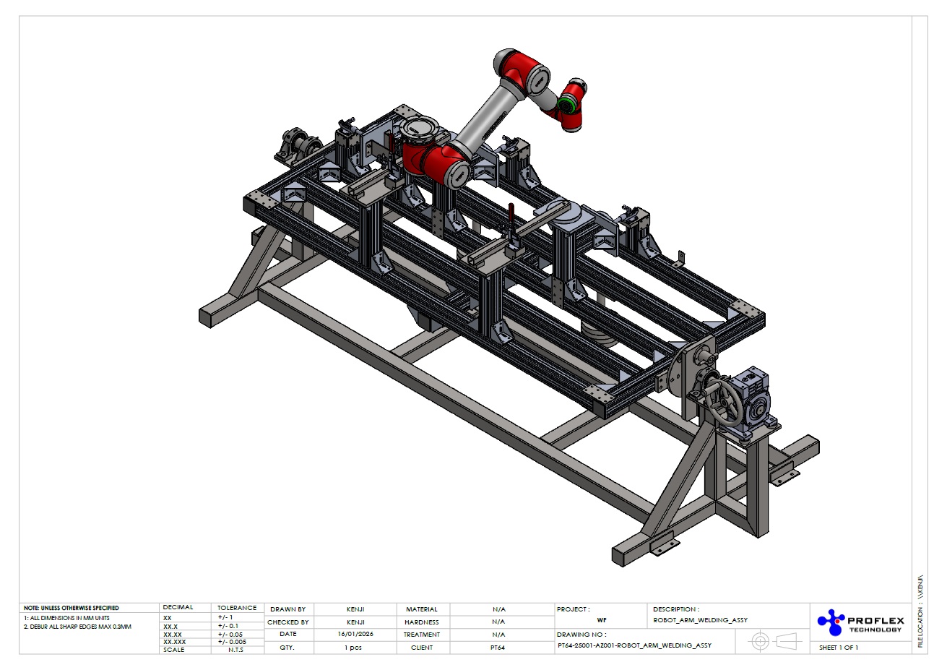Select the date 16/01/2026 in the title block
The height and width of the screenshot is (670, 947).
(x=355, y=634)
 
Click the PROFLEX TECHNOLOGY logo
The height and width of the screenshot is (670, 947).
(x=860, y=622)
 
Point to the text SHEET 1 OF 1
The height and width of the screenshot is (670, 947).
(x=839, y=648)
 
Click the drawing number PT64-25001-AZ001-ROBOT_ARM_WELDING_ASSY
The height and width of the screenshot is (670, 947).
(x=634, y=645)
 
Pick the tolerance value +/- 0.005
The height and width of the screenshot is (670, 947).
(x=232, y=642)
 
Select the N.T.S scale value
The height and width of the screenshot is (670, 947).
(x=236, y=650)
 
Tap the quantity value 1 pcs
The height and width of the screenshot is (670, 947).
(x=353, y=648)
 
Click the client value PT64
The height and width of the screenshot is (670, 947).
(x=498, y=648)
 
